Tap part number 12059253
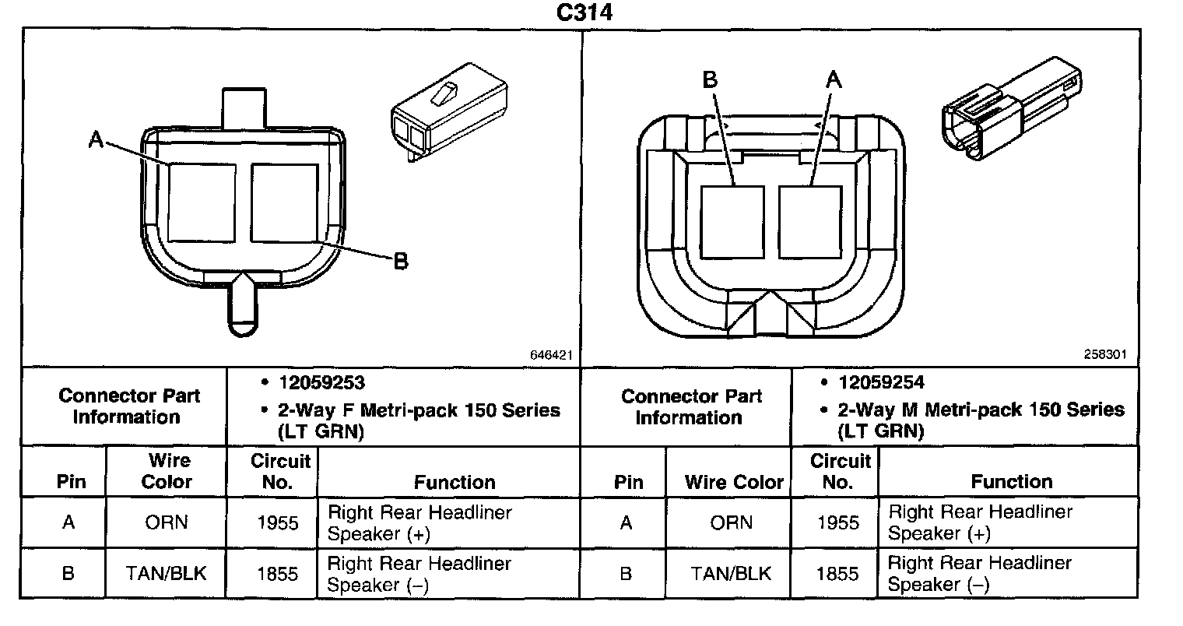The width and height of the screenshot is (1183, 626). click(x=322, y=383)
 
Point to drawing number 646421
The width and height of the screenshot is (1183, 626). click(x=551, y=355)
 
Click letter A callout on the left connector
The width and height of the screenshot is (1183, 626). click(x=96, y=139)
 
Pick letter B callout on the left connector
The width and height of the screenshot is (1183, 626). click(x=401, y=262)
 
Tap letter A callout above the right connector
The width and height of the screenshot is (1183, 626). click(x=833, y=79)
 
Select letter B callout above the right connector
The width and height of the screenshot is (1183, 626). click(x=710, y=79)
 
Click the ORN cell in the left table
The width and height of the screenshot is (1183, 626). click(x=167, y=522)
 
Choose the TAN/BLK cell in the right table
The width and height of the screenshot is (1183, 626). click(x=731, y=574)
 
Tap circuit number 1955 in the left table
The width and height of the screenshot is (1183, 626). click(x=277, y=522)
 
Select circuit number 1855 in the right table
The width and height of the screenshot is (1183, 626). click(x=837, y=574)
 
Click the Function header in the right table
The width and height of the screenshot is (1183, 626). click(x=1012, y=482)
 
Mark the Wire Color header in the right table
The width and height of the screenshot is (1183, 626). click(x=733, y=482)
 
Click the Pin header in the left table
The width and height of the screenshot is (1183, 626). click(x=71, y=482)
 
